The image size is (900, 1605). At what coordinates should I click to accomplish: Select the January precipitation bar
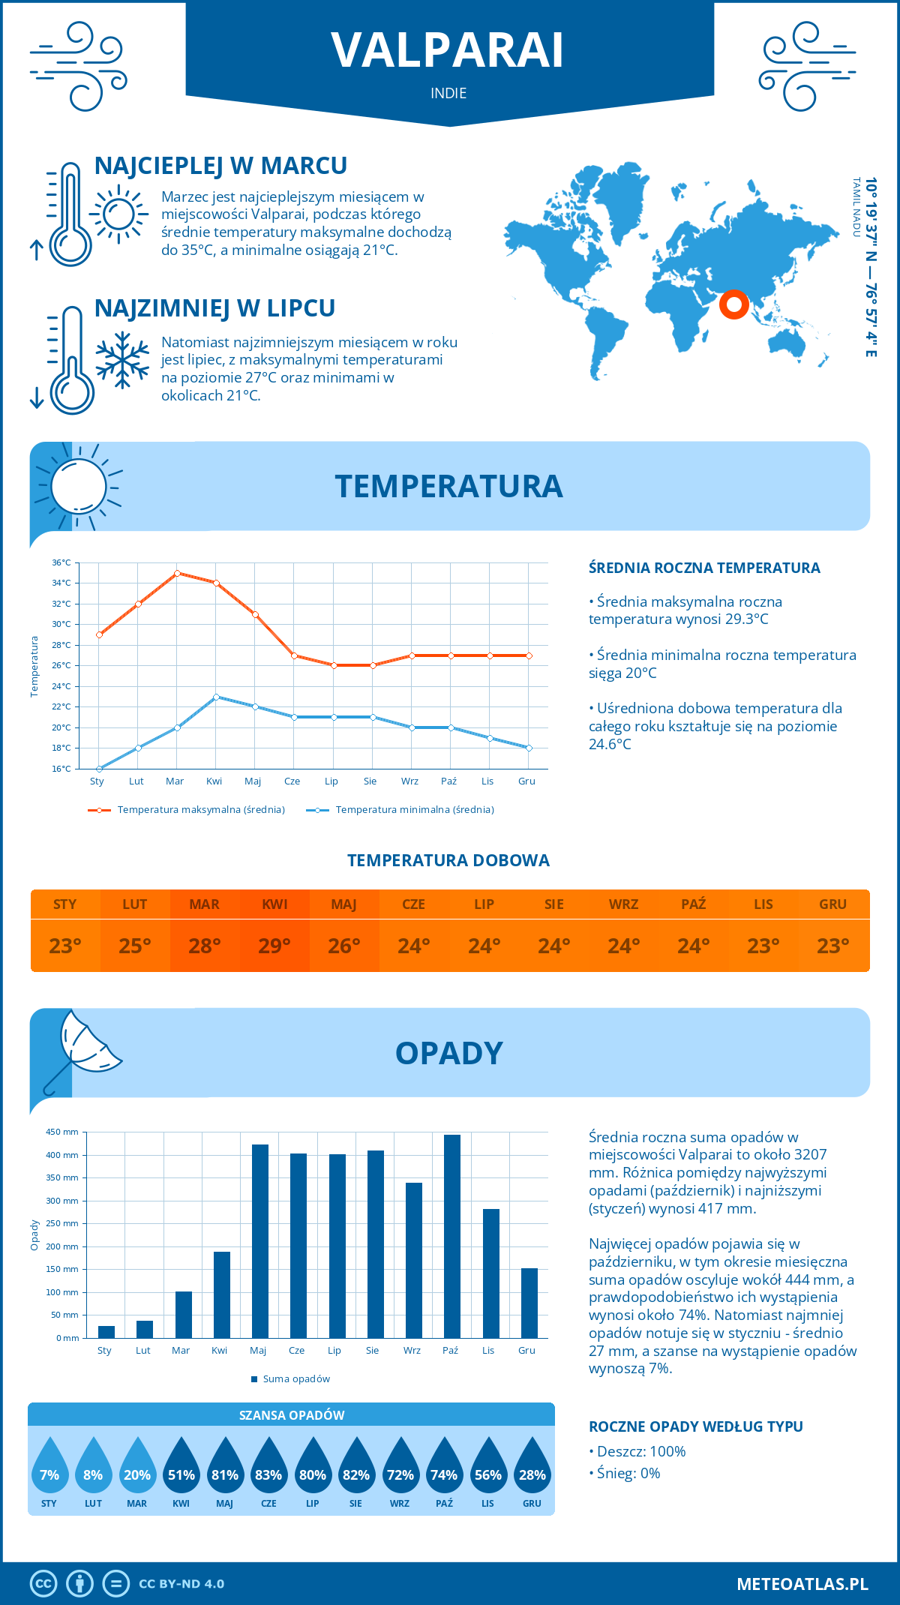(106, 1332)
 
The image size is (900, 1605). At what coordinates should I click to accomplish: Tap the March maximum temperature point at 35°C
(177, 573)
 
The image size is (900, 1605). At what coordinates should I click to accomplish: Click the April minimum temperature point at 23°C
(216, 697)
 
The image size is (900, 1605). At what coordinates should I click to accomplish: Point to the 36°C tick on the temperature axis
(62, 562)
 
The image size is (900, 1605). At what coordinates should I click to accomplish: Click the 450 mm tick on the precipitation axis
(63, 1132)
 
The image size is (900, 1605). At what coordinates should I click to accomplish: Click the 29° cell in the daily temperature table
(274, 946)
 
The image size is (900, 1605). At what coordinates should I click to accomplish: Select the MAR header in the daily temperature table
(205, 904)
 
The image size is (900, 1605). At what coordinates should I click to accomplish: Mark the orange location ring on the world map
(734, 304)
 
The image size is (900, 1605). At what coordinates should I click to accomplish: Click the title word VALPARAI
(448, 51)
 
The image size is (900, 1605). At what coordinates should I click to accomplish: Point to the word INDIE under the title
(448, 93)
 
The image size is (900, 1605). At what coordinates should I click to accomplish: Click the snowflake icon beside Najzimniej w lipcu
(122, 360)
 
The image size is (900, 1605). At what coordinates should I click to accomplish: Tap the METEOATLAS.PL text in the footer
(802, 1584)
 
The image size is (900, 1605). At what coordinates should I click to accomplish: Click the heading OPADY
(448, 1054)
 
